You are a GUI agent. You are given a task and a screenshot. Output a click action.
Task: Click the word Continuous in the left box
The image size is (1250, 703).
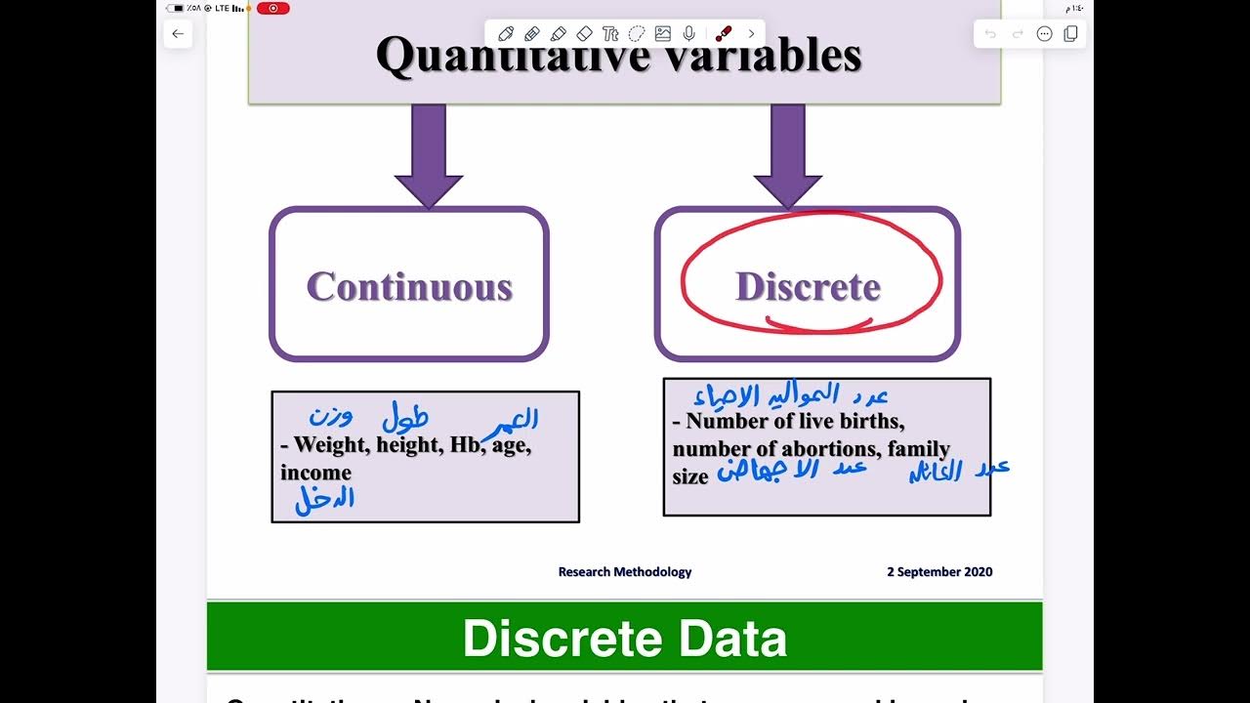pyautogui.click(x=409, y=286)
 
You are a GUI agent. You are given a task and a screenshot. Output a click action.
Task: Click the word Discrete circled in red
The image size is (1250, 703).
pyautogui.click(x=808, y=286)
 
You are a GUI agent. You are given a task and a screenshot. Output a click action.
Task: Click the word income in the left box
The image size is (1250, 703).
pyautogui.click(x=315, y=473)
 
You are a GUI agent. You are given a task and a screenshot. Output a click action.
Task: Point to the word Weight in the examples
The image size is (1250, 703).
pyautogui.click(x=331, y=445)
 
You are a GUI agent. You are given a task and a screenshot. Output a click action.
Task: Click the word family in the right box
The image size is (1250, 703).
pyautogui.click(x=919, y=449)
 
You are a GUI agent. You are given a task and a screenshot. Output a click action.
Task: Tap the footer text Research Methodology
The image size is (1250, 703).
pyautogui.click(x=625, y=572)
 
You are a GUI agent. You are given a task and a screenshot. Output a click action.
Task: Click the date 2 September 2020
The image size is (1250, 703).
pyautogui.click(x=939, y=572)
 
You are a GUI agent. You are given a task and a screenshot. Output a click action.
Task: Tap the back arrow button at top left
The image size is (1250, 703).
pyautogui.click(x=178, y=34)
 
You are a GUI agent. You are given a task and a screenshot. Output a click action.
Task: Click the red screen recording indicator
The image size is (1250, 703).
pyautogui.click(x=273, y=8)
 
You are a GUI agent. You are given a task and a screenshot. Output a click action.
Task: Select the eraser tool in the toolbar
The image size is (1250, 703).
pyautogui.click(x=585, y=34)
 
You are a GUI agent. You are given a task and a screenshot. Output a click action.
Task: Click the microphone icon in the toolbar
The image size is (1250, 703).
pyautogui.click(x=689, y=34)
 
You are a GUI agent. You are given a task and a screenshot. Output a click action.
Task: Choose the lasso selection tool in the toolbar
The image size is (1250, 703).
pyautogui.click(x=637, y=34)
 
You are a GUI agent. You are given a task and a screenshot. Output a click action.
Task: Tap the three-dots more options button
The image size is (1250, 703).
pyautogui.click(x=1044, y=34)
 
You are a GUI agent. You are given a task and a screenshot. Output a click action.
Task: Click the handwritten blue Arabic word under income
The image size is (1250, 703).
pyautogui.click(x=325, y=500)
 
